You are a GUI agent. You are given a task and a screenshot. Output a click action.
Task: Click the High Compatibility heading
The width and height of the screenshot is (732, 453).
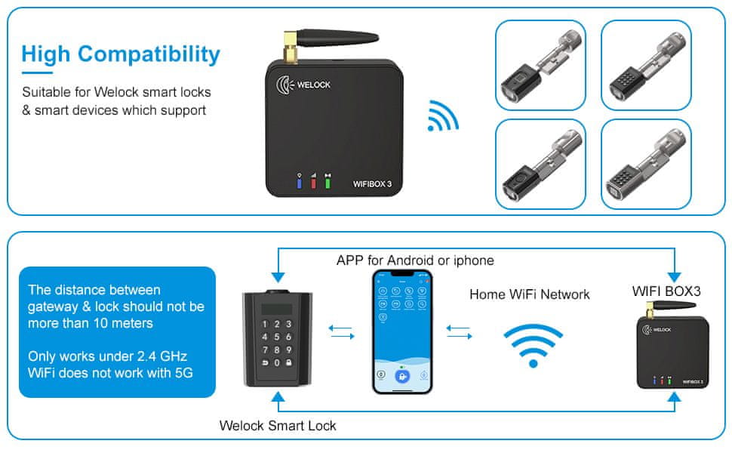121,54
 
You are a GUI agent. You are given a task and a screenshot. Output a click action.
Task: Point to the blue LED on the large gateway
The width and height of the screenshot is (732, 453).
300,182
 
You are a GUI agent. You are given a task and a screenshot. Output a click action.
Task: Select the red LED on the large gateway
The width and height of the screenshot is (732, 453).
314,182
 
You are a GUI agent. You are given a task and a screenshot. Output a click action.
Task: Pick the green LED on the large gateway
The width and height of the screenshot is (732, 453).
328,182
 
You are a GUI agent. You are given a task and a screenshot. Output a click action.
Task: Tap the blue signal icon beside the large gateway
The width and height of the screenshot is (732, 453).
442,116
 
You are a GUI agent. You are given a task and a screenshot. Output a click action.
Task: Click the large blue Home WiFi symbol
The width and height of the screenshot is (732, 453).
534,344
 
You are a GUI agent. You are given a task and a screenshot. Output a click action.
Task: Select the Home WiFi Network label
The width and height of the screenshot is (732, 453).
529,294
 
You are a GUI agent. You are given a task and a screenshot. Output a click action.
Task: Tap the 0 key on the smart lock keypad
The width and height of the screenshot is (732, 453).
278,364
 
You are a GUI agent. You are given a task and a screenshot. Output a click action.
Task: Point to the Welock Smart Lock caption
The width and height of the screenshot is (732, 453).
278,425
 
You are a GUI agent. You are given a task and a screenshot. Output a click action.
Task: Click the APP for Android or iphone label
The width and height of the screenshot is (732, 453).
415,260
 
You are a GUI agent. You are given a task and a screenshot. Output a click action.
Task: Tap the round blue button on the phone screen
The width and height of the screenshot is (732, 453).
403,376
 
